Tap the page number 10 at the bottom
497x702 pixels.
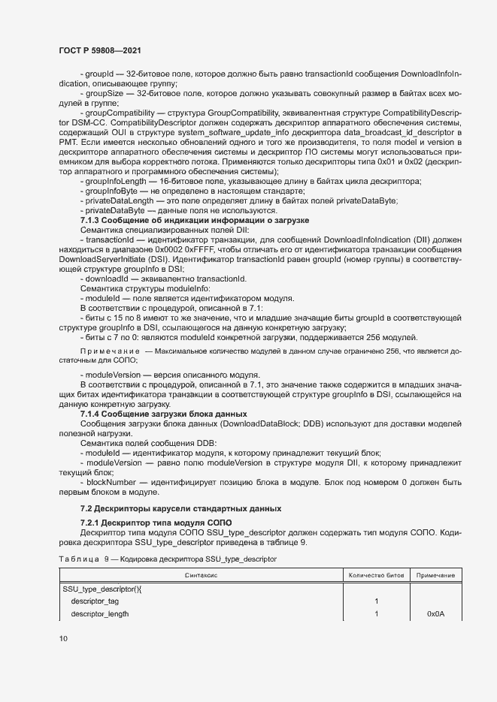[x=63, y=638]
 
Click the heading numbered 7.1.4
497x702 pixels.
[x=163, y=414]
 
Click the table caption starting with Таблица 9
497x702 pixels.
[x=168, y=559]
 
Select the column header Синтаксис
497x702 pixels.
[x=201, y=575]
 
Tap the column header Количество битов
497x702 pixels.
[x=375, y=575]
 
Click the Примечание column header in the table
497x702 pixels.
[x=436, y=575]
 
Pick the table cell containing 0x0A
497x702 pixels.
[x=436, y=613]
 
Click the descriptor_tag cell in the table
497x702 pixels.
[x=95, y=601]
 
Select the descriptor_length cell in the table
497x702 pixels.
[x=100, y=613]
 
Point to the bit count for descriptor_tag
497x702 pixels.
[x=375, y=601]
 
